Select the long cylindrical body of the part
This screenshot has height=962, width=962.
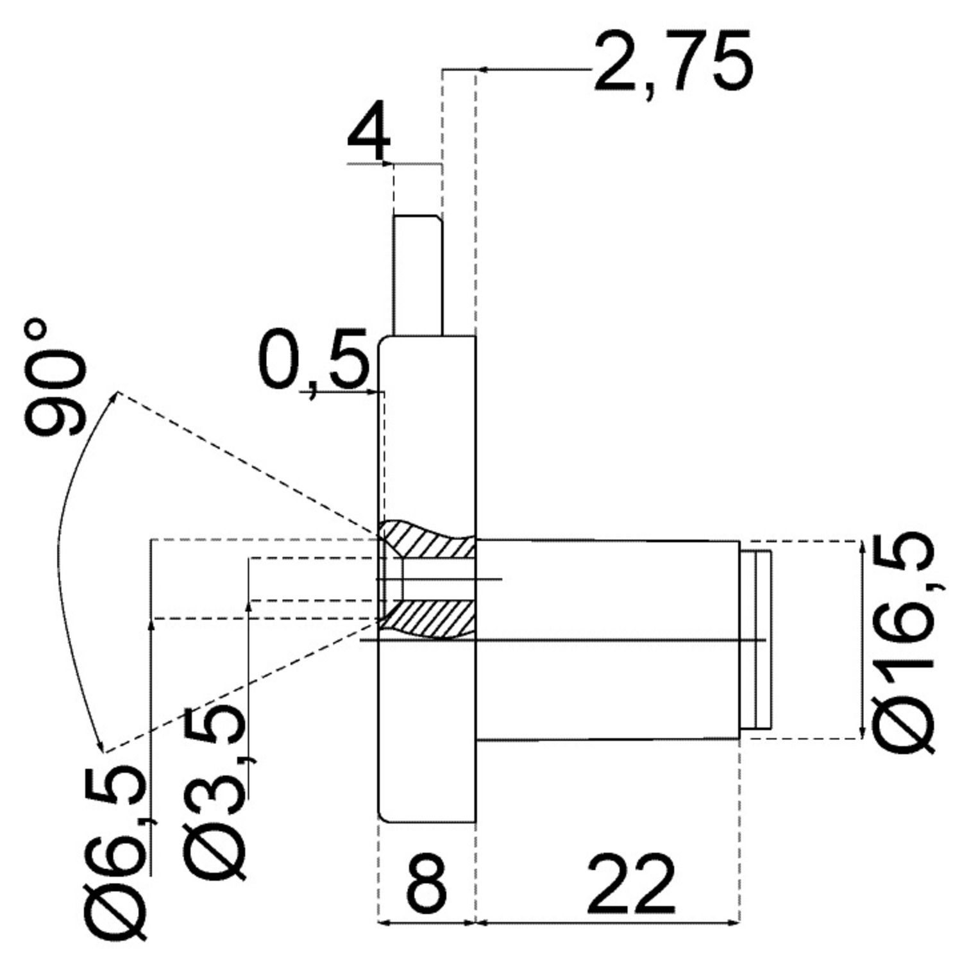[x=607, y=640]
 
